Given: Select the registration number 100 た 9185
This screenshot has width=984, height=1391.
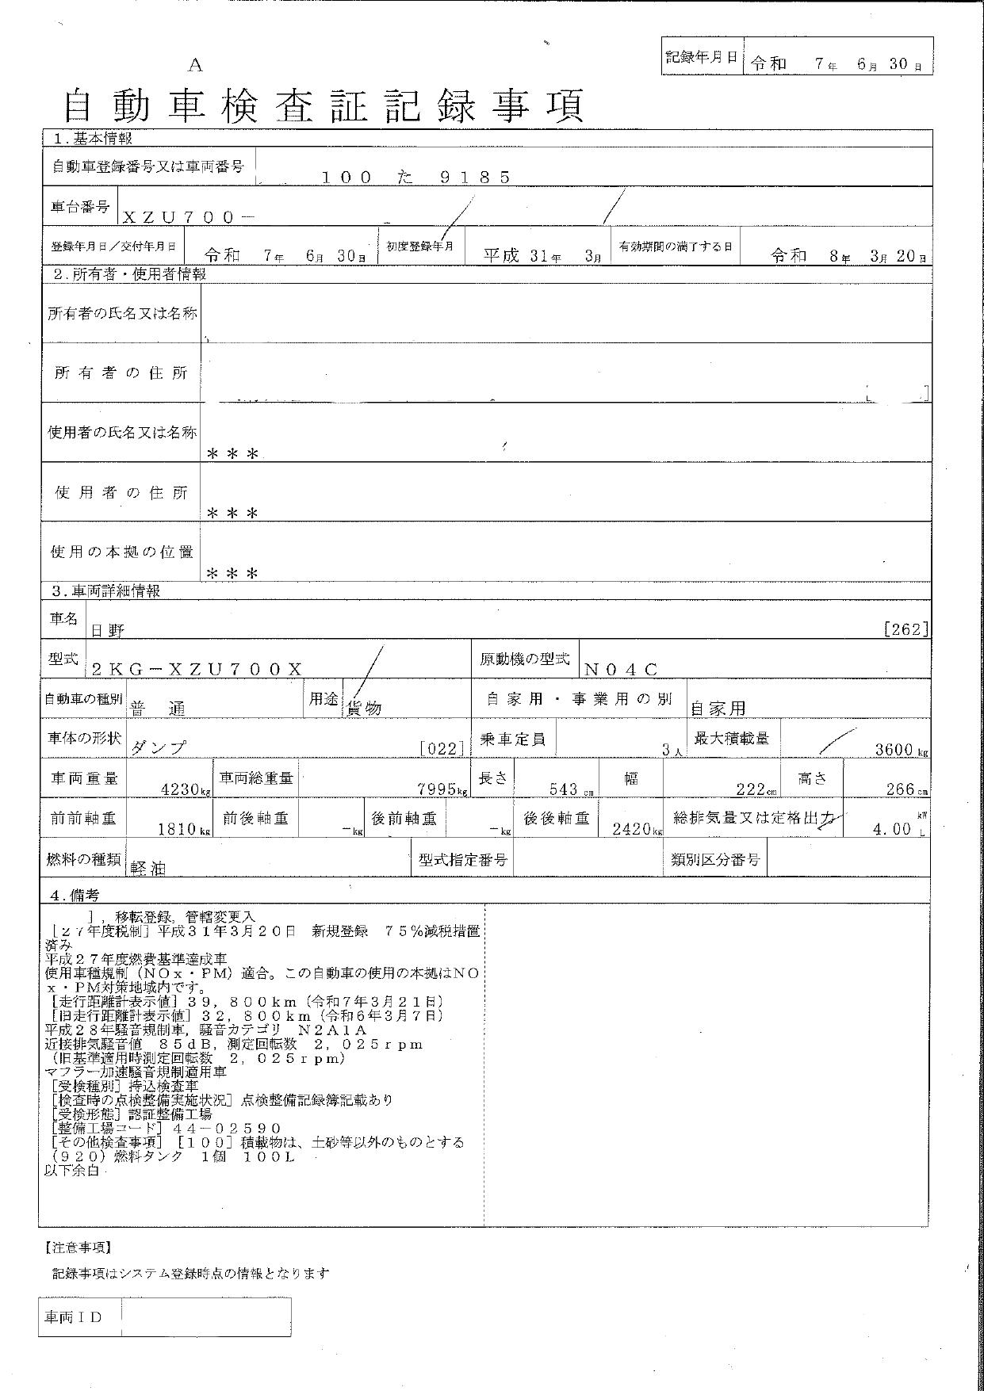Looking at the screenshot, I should click(x=415, y=178).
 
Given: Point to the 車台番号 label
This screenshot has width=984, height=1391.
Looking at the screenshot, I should click(x=80, y=207).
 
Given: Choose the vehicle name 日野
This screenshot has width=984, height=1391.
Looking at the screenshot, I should click(x=109, y=630).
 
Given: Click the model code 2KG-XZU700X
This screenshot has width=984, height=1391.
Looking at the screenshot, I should click(x=197, y=669).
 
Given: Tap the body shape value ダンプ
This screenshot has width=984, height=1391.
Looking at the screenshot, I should click(x=159, y=747).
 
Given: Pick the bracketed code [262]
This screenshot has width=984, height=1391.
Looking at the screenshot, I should click(x=905, y=629).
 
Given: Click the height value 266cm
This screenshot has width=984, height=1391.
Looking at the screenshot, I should click(x=903, y=789).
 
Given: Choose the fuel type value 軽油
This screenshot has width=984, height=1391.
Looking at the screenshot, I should click(x=148, y=868).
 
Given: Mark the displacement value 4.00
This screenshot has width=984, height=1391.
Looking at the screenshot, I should click(x=891, y=829).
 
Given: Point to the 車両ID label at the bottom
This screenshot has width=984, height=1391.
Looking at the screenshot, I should click(x=74, y=1316).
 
